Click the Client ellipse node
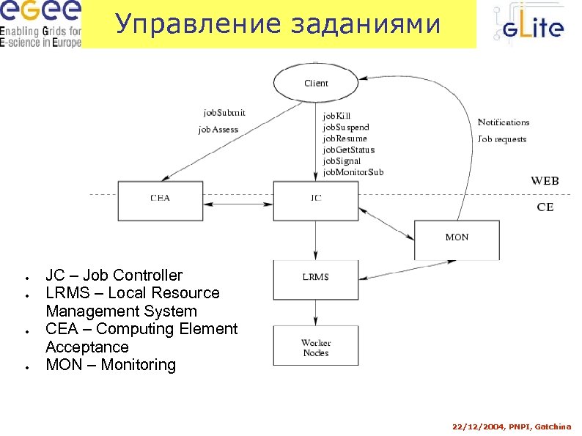tap(316, 84)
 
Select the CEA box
tap(160, 198)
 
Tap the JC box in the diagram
tap(316, 198)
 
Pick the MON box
tap(457, 238)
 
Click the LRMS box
tap(316, 277)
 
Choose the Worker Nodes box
tap(316, 347)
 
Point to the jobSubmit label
tap(224, 113)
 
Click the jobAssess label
tap(218, 130)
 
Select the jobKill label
tap(337, 116)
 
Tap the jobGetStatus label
tap(349, 149)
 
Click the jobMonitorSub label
tap(353, 172)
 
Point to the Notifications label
tap(504, 122)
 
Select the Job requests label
tap(502, 139)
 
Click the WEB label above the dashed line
tap(545, 181)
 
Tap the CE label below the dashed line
tap(545, 207)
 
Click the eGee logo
tap(41, 24)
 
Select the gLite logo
tap(527, 26)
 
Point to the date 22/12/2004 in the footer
tap(477, 426)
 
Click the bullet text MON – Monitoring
tap(111, 365)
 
